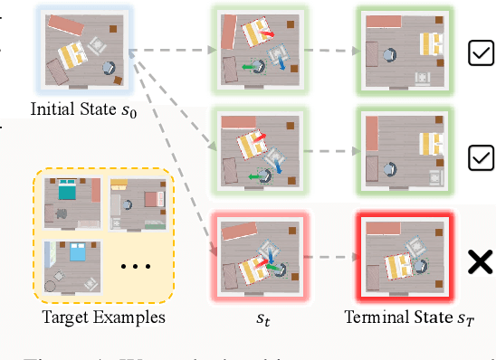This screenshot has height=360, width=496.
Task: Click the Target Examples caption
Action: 104,317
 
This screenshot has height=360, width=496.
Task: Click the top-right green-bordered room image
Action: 403,51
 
